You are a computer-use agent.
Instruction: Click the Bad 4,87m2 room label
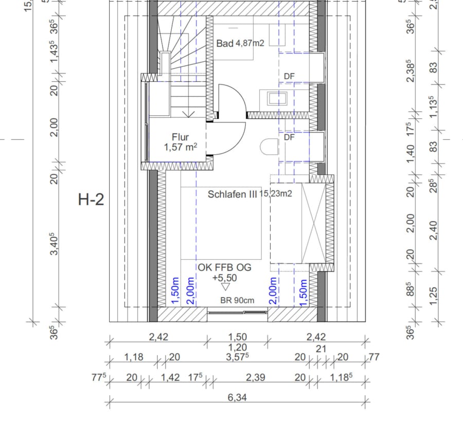pos(240,44)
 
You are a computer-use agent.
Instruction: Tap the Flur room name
pos(181,137)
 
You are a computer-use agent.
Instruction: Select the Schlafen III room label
pos(232,194)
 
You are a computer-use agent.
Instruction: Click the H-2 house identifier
pos(91,200)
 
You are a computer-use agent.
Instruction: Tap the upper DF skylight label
pos(289,76)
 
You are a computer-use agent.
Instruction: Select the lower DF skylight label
pos(289,137)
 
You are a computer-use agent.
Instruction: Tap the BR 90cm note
pos(238,300)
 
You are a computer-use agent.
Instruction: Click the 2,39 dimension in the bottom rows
pos(256,377)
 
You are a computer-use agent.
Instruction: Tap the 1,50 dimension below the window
pos(237,337)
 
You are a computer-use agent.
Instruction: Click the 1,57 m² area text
pos(181,148)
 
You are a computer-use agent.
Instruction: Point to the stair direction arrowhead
pos(189,114)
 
